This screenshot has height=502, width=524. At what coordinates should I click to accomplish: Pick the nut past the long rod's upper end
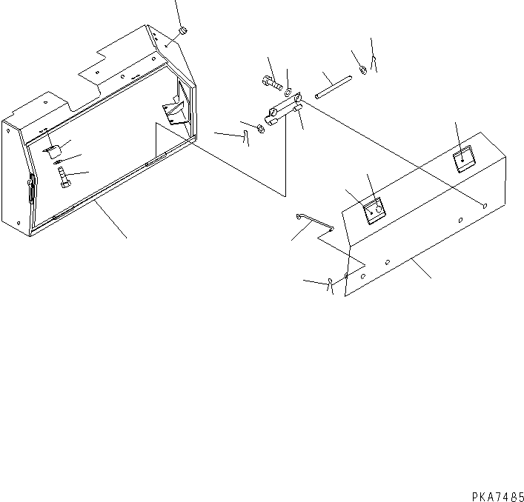(362, 70)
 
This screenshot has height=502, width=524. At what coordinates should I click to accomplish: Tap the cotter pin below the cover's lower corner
(328, 284)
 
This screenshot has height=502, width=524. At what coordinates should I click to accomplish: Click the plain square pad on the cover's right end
(465, 159)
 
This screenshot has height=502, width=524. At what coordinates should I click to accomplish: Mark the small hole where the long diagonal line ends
(483, 207)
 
